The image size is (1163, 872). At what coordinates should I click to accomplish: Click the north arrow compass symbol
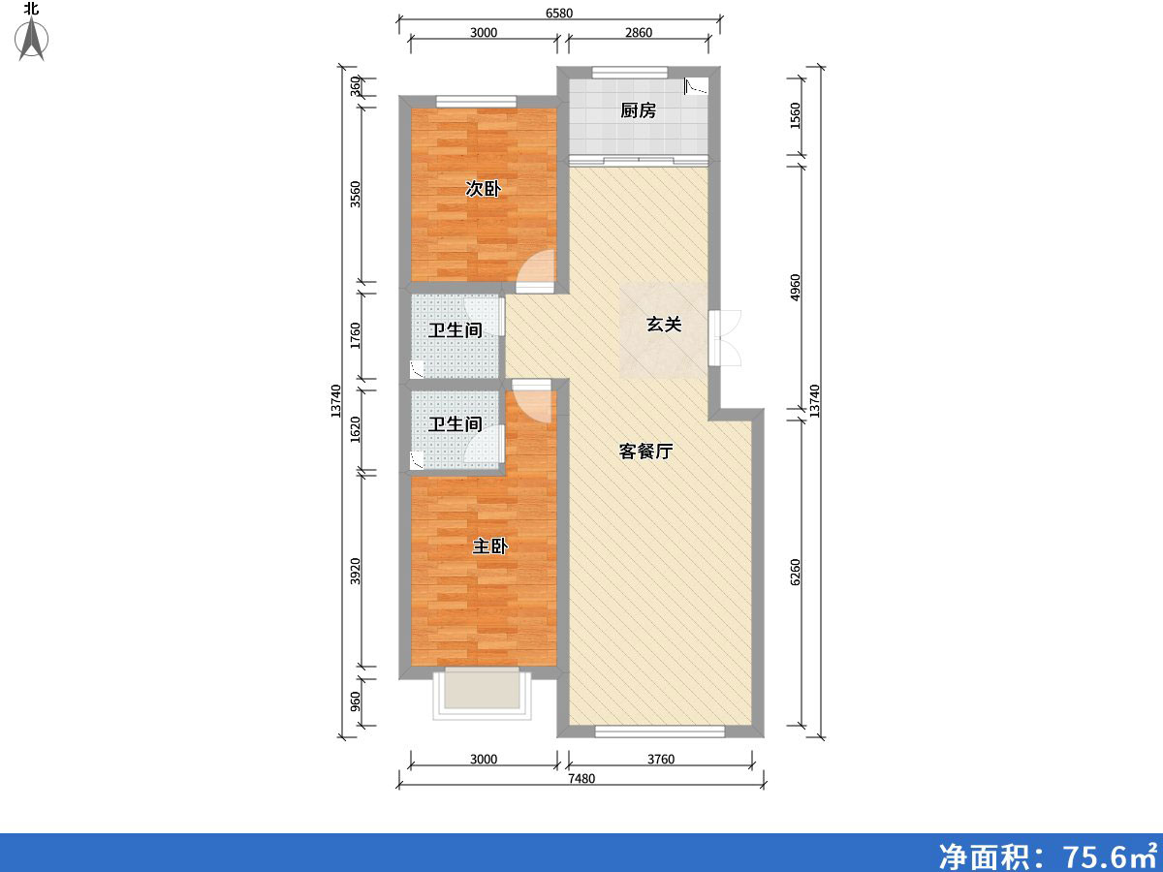pos(32,38)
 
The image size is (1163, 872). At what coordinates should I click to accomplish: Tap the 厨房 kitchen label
pos(638,110)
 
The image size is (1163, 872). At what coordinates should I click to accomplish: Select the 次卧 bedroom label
pos(483,189)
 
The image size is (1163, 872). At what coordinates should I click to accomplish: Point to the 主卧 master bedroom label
pos(489,545)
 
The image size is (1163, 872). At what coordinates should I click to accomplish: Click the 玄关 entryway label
pos(663,324)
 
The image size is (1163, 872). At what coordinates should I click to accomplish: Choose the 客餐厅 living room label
pos(645,452)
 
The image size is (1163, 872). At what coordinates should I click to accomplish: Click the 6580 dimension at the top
pos(559,14)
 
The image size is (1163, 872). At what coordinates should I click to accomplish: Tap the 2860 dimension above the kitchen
pos(639,33)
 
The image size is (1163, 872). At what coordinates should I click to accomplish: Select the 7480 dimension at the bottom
pos(581,778)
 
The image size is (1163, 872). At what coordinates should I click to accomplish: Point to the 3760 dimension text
pos(661,760)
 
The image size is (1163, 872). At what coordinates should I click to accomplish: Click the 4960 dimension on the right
pos(795,288)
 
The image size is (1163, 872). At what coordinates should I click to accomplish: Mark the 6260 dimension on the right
pos(795,573)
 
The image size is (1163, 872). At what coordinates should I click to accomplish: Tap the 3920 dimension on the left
pos(355,572)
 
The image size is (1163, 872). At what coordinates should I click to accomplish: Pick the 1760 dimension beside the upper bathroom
pos(355,335)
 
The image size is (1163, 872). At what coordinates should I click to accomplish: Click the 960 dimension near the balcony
pos(355,702)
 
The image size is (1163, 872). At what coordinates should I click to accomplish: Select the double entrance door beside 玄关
pos(724,338)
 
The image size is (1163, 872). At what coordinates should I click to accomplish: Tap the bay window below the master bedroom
pos(482,694)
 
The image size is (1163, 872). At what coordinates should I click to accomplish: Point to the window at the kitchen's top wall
pos(629,72)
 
